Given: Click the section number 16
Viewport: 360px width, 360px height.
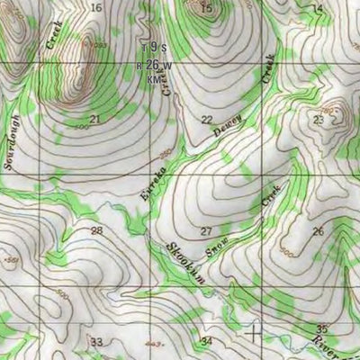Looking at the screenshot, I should [x=96, y=7].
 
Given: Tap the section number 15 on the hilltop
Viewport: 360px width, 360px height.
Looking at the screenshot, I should [x=207, y=9].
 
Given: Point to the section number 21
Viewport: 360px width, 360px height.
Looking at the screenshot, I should [x=95, y=119].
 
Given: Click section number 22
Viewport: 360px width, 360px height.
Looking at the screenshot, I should [x=207, y=120].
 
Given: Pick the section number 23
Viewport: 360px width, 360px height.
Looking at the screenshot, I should [x=318, y=120].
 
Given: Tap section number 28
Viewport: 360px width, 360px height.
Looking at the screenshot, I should [x=96, y=231].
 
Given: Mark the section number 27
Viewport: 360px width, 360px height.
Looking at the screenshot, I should [x=207, y=231].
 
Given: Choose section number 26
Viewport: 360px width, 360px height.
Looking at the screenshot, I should [x=318, y=231].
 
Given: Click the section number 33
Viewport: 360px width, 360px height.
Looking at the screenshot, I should [x=96, y=341].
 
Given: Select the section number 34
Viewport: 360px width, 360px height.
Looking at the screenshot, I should [x=207, y=341].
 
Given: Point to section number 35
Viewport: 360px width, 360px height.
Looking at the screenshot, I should [x=322, y=328].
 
